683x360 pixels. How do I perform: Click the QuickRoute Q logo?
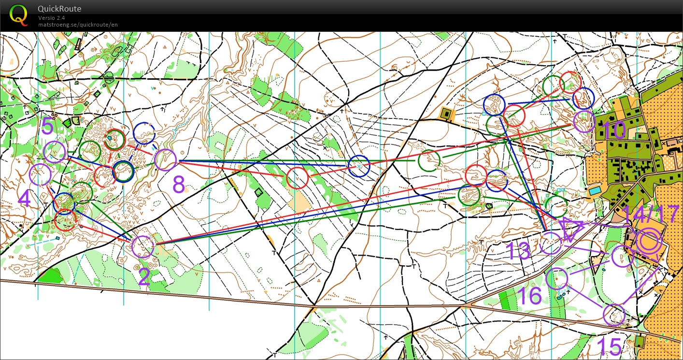(x=18, y=14)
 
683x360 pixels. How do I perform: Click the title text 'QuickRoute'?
(x=59, y=9)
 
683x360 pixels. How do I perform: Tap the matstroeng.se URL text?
(x=78, y=25)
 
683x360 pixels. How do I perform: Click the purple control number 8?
(x=179, y=184)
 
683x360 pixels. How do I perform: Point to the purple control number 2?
(x=144, y=276)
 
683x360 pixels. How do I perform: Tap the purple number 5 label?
(x=47, y=127)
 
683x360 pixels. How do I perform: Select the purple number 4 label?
(x=24, y=199)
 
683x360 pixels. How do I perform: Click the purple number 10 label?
(x=613, y=130)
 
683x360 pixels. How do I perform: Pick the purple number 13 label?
(x=518, y=251)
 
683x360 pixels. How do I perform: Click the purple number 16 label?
(x=529, y=295)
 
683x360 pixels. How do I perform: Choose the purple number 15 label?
(x=609, y=346)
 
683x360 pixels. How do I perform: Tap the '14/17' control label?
(x=651, y=215)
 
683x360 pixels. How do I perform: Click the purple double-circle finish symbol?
(x=648, y=242)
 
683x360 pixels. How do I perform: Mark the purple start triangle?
(x=571, y=229)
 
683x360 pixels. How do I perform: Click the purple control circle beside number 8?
(x=165, y=160)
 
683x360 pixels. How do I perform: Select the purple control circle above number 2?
(x=142, y=246)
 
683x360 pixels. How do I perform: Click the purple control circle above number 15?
(x=614, y=315)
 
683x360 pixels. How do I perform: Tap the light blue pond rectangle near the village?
(x=594, y=190)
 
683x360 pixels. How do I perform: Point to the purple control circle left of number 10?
(x=584, y=121)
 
